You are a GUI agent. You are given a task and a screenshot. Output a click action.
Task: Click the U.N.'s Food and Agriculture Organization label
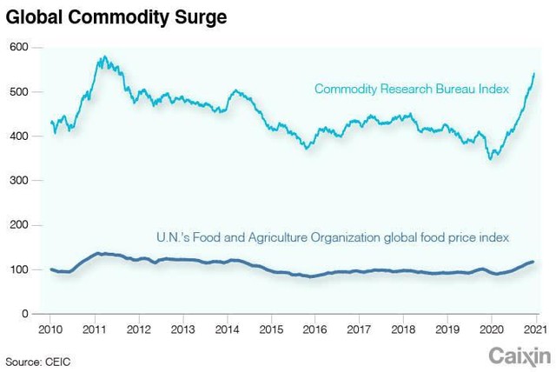tap(332, 236)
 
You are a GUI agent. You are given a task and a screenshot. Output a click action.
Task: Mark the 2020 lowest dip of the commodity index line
tap(492, 159)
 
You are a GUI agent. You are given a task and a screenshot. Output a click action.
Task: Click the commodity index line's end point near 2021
tap(533, 74)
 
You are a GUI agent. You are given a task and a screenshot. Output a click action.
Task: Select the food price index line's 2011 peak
tap(100, 253)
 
